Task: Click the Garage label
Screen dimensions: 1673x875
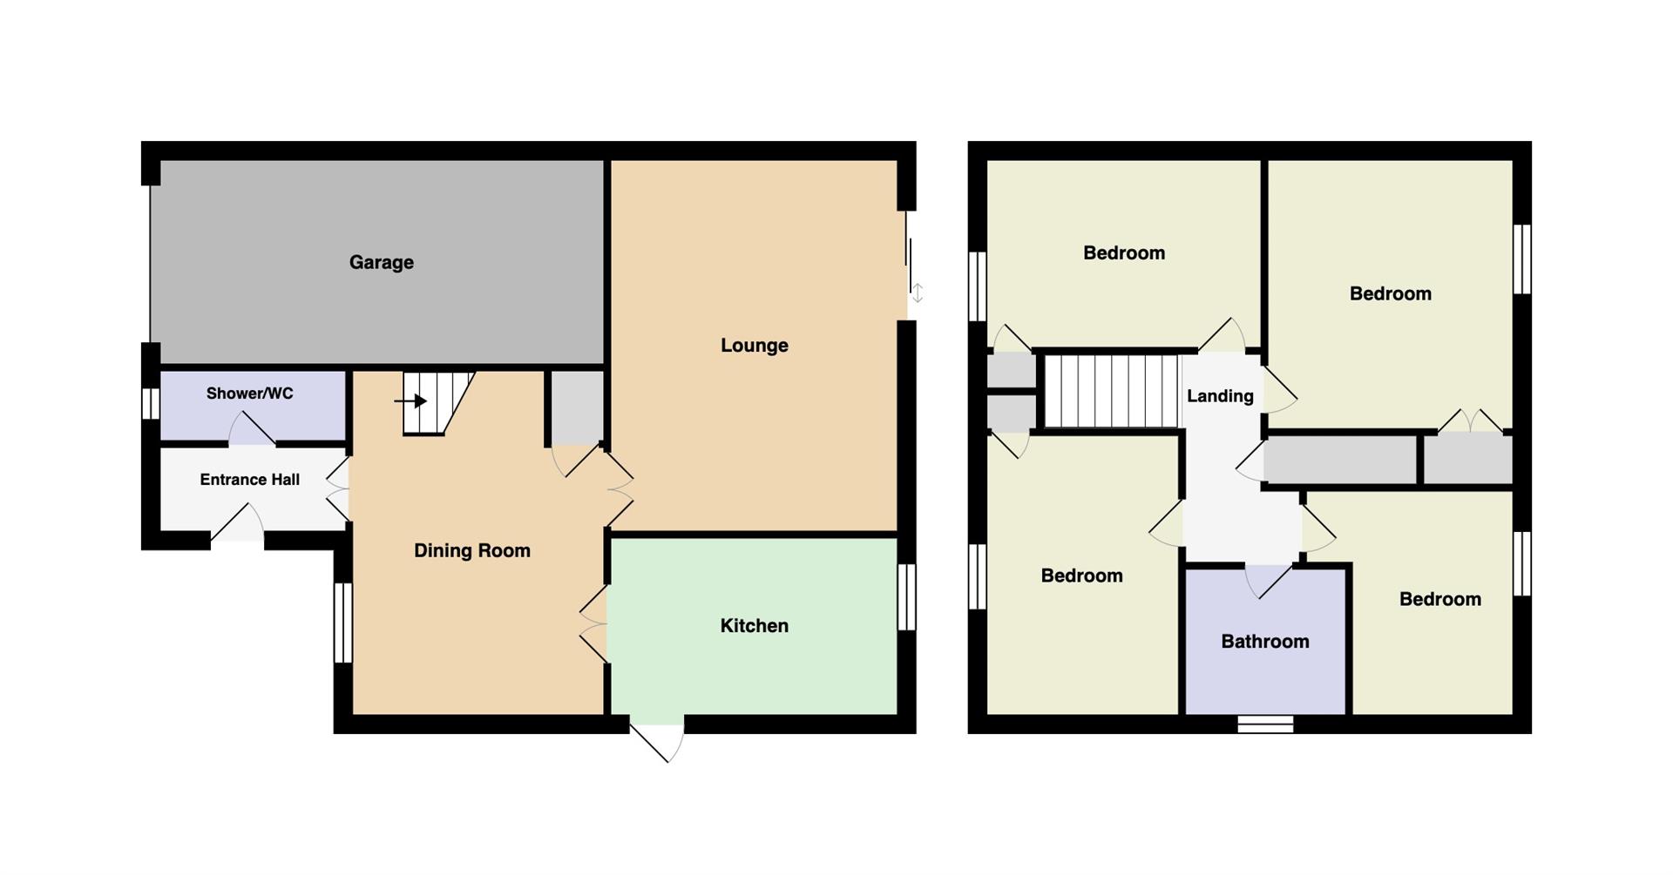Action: [381, 263]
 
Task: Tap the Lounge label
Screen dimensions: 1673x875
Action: [754, 346]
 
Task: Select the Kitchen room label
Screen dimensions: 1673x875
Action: [754, 626]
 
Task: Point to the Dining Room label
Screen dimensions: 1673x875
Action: [471, 551]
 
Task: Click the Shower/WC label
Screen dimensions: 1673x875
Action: [249, 394]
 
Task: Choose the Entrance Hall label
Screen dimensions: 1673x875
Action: [249, 480]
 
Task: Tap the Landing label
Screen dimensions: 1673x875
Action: [1220, 396]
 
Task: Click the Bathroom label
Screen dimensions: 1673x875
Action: [1264, 642]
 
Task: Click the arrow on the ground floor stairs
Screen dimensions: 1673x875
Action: [410, 401]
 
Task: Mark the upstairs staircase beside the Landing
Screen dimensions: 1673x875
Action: [1111, 391]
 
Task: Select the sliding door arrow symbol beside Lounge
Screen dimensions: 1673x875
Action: [917, 293]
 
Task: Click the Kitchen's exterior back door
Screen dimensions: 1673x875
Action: [659, 739]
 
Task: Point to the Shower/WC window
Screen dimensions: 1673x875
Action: [151, 404]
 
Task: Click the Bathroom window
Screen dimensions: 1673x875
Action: [1265, 724]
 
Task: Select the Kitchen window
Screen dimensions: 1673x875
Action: [907, 597]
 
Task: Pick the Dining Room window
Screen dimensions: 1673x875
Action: [343, 623]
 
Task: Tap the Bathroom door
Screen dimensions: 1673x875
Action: [1268, 582]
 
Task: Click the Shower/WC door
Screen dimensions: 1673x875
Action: [252, 428]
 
